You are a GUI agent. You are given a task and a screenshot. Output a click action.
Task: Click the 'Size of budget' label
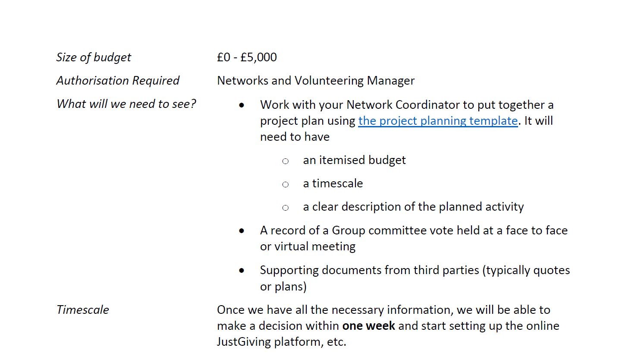94,57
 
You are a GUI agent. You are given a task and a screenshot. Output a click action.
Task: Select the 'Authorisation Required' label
118,81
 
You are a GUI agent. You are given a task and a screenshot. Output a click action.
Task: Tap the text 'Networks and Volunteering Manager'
315,81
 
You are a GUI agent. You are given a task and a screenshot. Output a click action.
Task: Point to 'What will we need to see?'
126,104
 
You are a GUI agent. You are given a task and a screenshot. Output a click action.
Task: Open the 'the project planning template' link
437,121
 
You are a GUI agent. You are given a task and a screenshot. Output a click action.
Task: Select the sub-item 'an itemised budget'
354,160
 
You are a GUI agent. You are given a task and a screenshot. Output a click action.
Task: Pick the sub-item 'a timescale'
333,183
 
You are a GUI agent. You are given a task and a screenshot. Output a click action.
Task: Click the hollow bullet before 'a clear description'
285,208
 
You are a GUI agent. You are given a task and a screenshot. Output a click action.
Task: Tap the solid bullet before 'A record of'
242,231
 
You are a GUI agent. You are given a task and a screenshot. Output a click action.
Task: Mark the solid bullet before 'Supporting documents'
242,271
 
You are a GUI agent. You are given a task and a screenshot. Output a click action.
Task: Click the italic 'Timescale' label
83,310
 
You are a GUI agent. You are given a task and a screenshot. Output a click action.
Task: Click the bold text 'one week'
368,326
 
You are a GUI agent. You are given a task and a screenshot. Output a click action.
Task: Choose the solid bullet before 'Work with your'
242,105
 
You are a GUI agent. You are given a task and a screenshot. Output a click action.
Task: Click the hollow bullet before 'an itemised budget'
285,161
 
